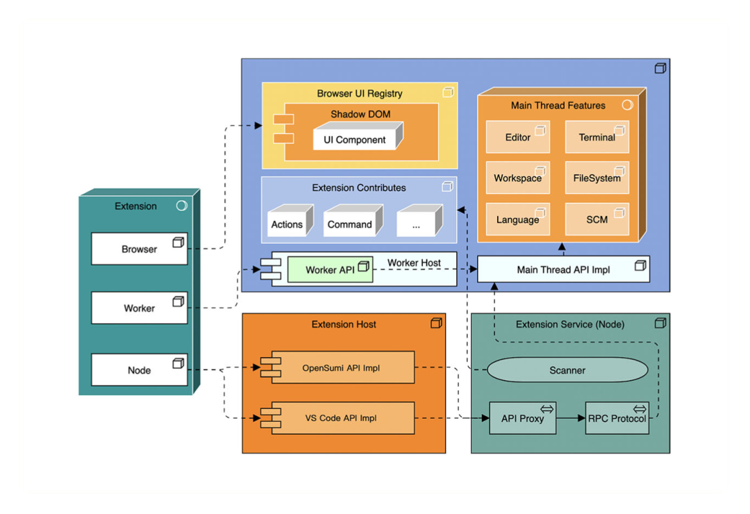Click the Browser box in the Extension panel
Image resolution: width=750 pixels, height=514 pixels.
point(140,249)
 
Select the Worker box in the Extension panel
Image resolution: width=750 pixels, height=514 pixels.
point(140,308)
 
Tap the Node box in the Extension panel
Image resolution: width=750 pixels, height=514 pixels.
point(140,370)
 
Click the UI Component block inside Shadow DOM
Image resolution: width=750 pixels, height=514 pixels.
point(355,139)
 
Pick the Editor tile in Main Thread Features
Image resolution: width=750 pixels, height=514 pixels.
point(518,138)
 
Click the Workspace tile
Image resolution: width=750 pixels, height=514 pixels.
point(518,179)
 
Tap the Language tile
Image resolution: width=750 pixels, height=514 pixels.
point(518,219)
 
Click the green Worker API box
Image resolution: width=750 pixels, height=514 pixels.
point(331,270)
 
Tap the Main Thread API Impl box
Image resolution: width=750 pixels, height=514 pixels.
point(563,270)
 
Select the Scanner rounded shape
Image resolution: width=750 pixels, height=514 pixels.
point(567,370)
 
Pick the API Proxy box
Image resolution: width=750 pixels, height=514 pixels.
point(523,418)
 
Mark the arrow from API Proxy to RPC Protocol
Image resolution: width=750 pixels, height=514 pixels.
point(571,418)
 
